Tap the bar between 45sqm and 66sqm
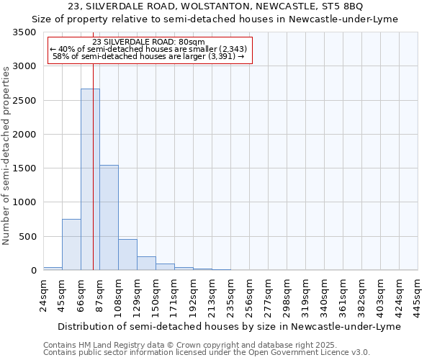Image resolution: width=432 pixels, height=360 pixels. point(71,245)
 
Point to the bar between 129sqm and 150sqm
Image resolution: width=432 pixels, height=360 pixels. point(146,264)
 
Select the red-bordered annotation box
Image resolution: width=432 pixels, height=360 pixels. point(150,50)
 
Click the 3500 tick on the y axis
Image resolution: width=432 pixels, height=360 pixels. point(24,33)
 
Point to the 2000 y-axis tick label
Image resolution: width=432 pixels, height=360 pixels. point(24,135)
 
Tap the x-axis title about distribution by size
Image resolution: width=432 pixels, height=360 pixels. point(230,326)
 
